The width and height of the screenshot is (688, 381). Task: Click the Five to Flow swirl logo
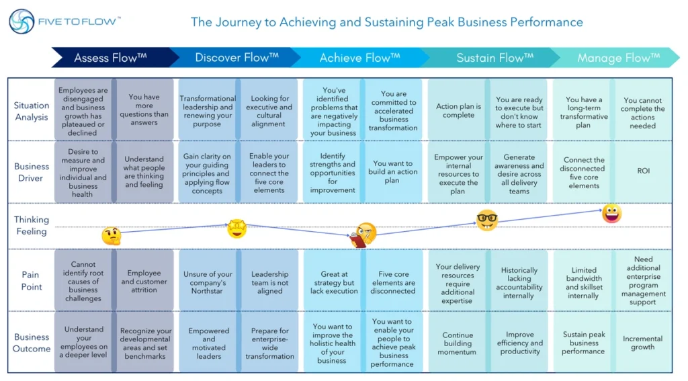21,22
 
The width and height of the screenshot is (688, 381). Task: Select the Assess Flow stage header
110,58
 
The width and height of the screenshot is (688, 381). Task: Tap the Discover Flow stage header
236,58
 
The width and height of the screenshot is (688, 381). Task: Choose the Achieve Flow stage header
359,58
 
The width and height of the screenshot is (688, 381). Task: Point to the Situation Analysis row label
32,111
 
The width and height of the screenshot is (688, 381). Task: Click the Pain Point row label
32,281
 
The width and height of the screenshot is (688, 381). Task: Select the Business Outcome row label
32,343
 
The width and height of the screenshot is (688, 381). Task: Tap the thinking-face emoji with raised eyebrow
111,236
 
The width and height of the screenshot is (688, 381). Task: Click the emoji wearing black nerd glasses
487,220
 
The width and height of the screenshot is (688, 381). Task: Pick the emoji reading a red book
363,235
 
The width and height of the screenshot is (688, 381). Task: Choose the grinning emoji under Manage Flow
611,214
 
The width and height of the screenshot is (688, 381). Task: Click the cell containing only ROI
642,171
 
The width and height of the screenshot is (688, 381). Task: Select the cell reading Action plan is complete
458,110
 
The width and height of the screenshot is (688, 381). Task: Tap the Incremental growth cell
642,343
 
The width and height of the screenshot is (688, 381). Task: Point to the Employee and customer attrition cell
144,281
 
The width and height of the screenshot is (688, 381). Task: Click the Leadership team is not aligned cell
269,282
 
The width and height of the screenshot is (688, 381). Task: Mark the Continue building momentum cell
458,343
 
